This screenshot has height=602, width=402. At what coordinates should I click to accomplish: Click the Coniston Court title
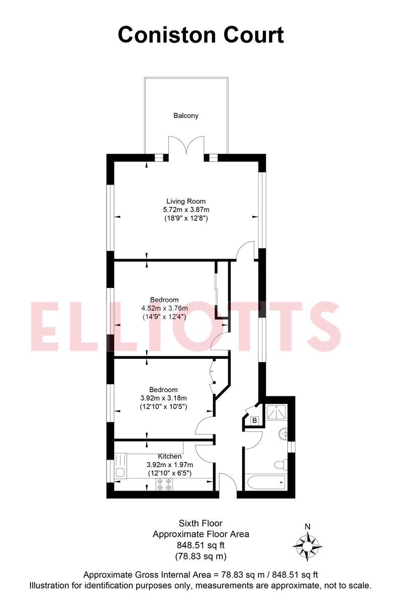point(200,35)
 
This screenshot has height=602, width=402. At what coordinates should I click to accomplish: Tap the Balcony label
point(186,115)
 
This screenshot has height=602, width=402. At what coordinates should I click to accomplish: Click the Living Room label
point(186,201)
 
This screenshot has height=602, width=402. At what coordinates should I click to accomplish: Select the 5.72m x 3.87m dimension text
point(186,210)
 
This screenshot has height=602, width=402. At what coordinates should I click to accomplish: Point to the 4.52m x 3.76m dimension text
point(165,308)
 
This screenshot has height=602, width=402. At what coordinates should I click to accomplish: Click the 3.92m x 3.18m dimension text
point(163,398)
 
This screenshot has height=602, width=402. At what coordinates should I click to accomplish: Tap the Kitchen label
point(170,456)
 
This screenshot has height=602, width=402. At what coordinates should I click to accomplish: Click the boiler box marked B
point(255,420)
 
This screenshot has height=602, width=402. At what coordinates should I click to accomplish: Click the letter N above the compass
point(308,526)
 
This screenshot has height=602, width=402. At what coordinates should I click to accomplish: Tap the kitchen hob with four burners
point(164,484)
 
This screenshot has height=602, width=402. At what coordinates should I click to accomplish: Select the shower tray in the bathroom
point(276,410)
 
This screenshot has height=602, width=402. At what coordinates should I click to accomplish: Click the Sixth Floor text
point(200,524)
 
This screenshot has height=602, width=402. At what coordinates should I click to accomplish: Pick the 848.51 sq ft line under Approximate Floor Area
point(200,545)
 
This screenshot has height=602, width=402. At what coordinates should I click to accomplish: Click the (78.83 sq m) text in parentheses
point(200,556)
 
